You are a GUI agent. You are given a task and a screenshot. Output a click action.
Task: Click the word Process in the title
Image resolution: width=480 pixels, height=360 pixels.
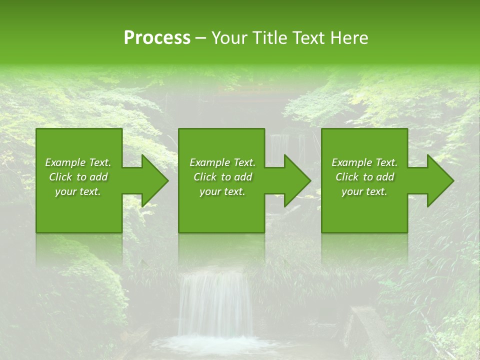157,38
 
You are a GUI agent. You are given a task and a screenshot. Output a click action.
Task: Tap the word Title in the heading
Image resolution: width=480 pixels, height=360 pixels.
270,38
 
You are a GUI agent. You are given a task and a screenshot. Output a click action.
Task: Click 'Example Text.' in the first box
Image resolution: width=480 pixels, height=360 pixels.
78,162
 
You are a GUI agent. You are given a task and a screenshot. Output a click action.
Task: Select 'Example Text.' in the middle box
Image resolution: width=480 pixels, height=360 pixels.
222,162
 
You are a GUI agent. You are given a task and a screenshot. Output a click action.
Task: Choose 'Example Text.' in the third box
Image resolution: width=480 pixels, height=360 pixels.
364,162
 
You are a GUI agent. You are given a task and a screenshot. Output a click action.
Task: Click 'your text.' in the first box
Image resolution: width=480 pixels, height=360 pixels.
78,191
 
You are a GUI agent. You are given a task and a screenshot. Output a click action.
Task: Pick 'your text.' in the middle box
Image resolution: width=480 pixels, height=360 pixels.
222,191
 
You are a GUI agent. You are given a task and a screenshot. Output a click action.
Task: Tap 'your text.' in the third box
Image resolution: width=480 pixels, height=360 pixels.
364,191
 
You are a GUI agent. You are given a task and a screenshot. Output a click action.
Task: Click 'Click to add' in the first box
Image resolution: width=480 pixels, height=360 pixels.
78,177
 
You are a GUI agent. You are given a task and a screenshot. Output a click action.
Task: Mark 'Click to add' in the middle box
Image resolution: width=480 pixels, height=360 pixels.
222,177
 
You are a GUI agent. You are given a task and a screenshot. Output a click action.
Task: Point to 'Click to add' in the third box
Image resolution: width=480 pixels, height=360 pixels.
364,177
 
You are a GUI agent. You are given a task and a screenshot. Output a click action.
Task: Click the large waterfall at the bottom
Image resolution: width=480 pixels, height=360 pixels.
215,305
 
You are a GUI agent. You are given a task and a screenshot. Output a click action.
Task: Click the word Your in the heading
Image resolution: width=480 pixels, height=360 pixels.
228,38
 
